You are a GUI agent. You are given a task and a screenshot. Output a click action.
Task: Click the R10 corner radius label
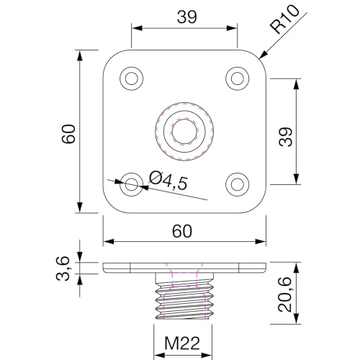(x=286, y=22)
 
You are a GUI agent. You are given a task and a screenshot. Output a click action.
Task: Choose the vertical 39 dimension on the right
(x=287, y=132)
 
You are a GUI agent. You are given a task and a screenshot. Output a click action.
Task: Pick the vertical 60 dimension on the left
(x=68, y=132)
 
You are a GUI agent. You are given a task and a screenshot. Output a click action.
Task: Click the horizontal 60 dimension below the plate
(x=183, y=230)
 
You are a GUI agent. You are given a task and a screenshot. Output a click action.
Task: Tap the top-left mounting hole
(x=131, y=78)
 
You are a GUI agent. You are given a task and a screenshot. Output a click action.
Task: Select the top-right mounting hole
(x=236, y=78)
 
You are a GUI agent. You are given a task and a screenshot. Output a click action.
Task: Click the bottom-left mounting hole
(x=131, y=184)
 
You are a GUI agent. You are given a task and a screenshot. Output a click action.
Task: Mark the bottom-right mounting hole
(x=236, y=184)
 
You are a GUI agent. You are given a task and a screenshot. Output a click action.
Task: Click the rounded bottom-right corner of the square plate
(x=258, y=207)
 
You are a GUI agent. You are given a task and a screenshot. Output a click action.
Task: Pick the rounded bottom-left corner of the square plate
(x=109, y=207)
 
